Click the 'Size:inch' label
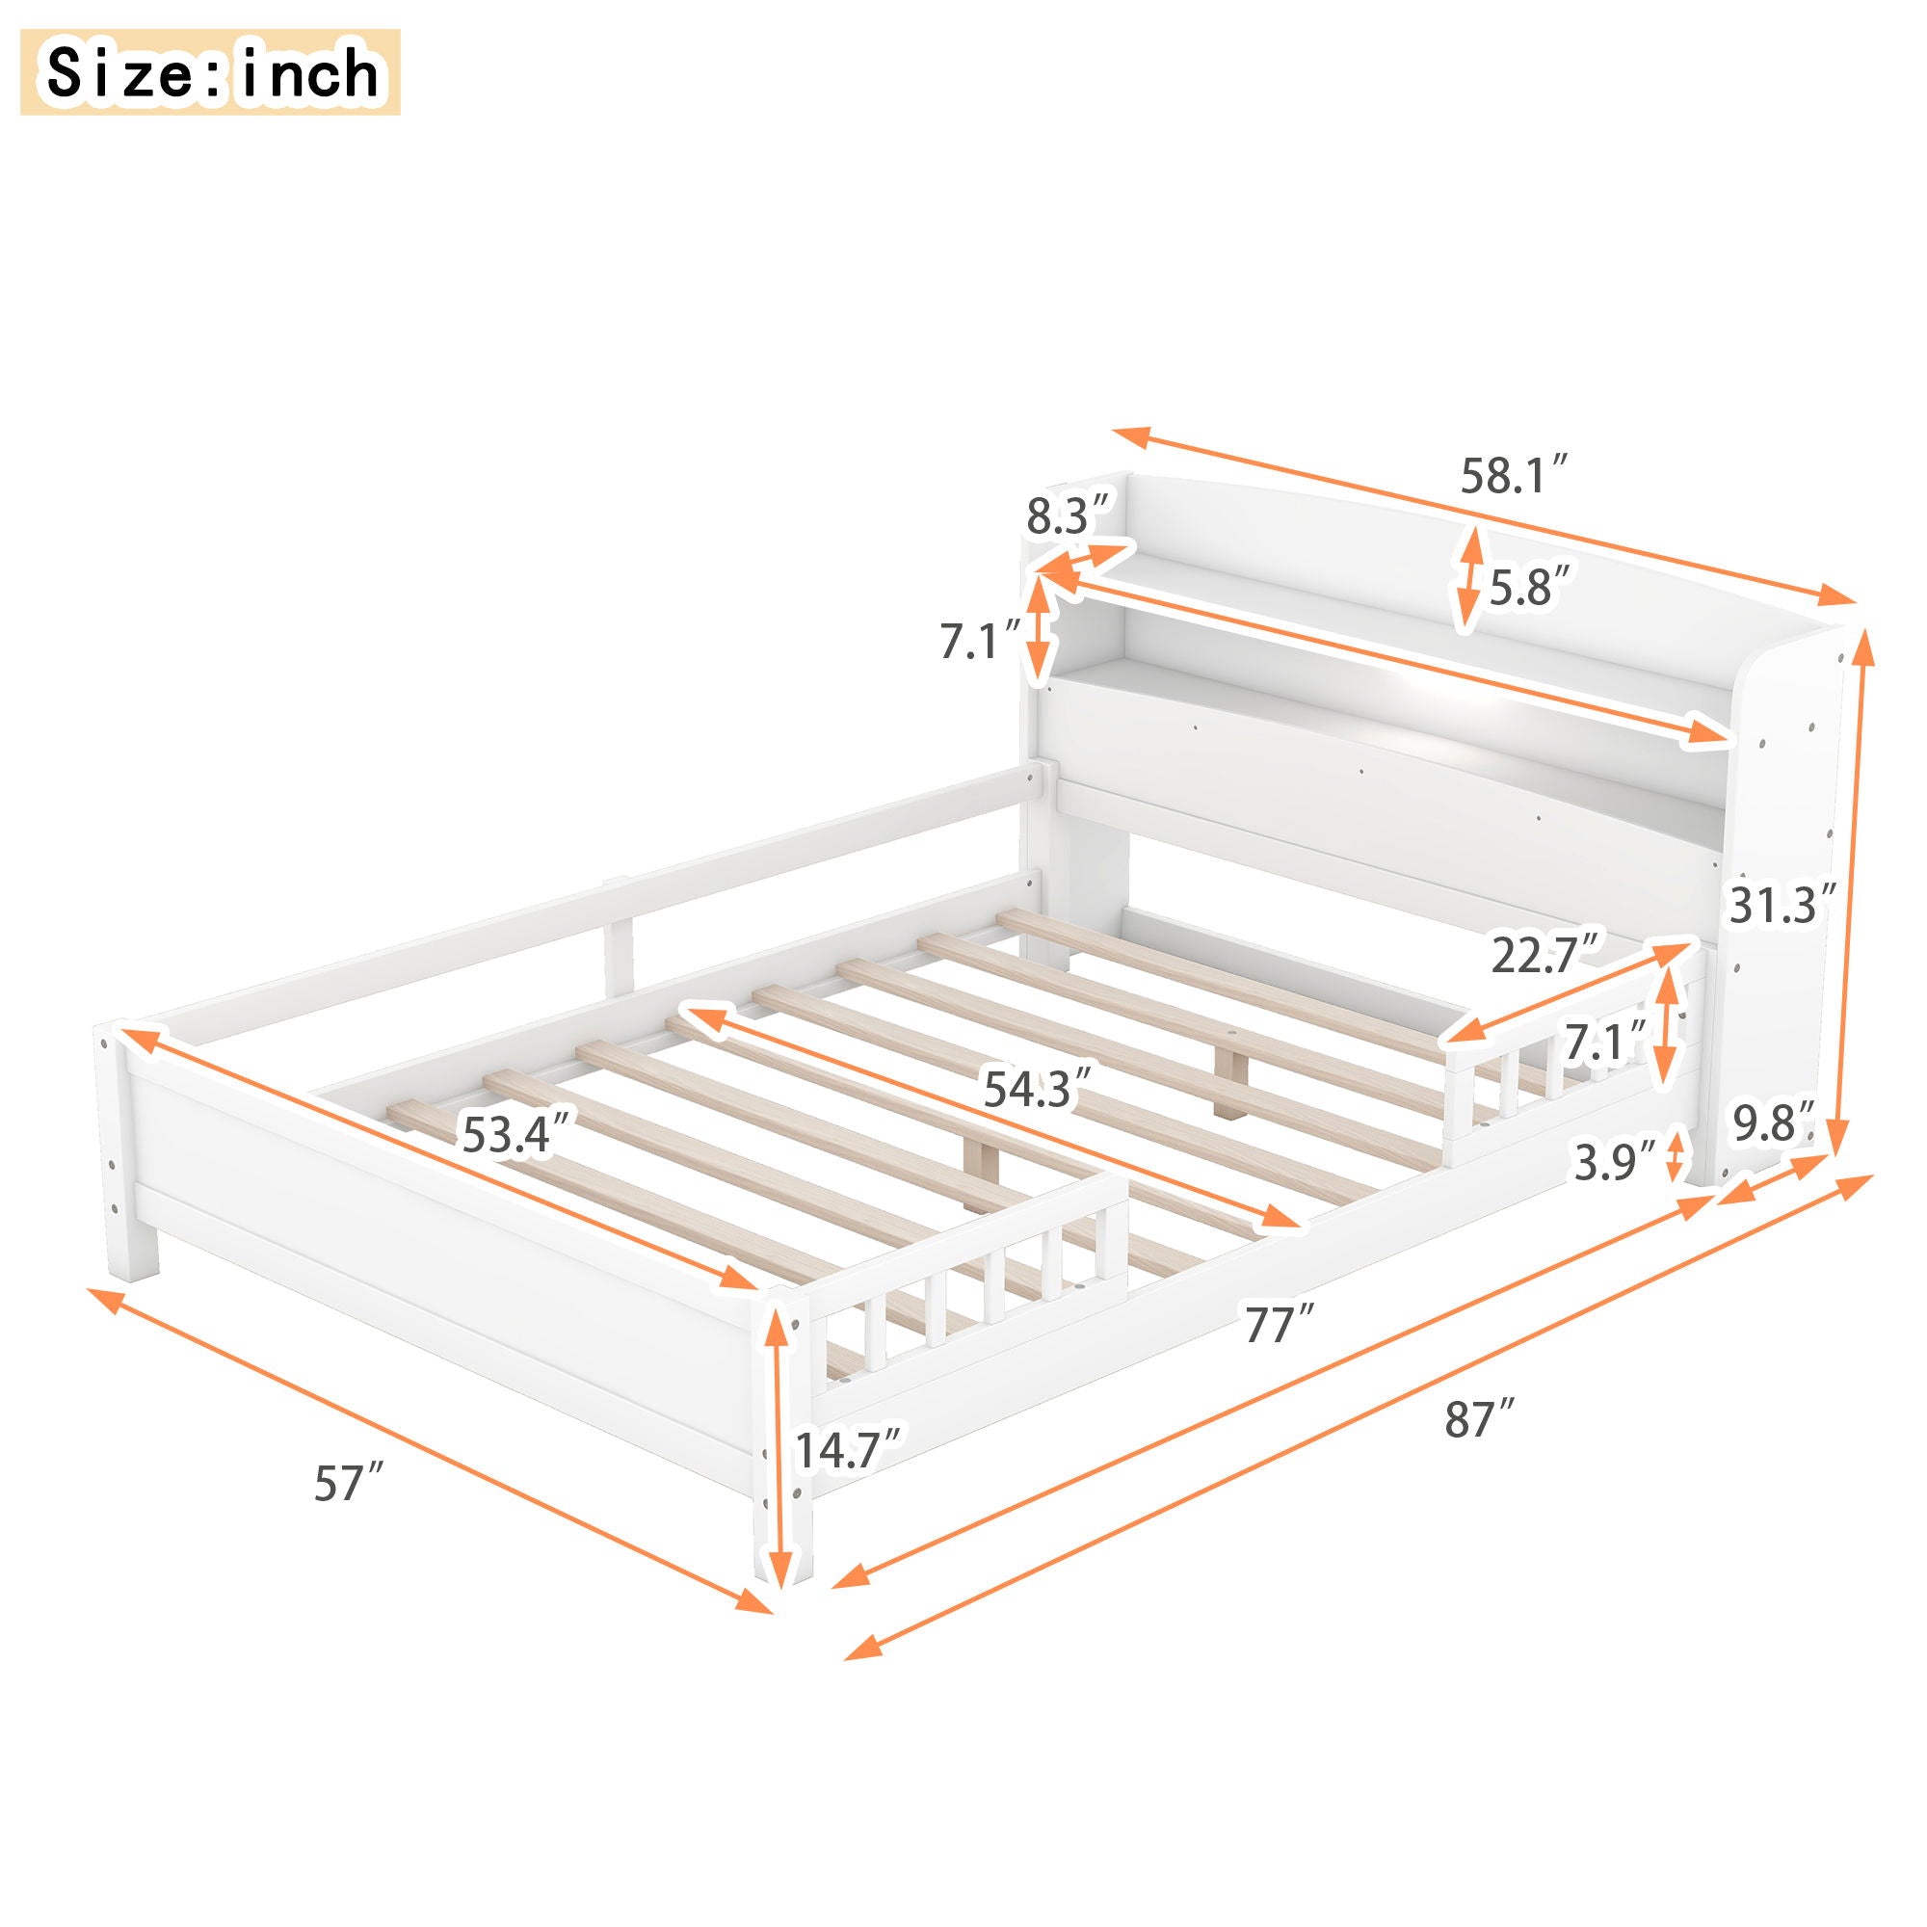(210, 72)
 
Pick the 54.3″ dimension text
(1031, 1088)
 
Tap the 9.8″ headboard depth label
(1773, 1124)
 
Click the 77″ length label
(1276, 1325)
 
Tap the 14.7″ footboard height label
(849, 1448)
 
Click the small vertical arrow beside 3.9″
(1676, 1154)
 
